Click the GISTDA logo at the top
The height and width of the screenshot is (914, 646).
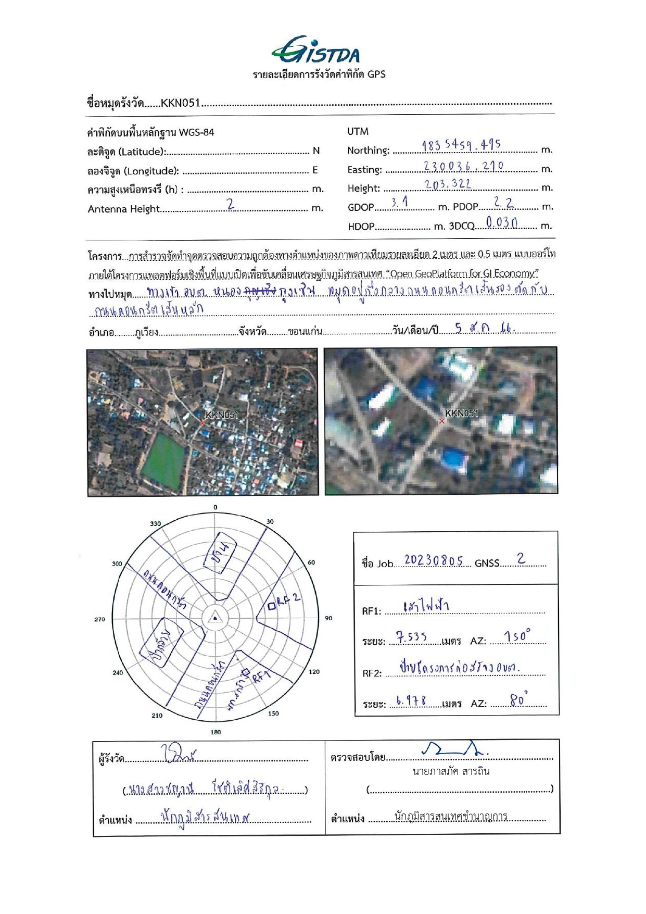point(315,50)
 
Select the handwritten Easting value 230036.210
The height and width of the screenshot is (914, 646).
point(463,166)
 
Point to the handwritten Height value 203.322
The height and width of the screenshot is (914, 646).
point(448,184)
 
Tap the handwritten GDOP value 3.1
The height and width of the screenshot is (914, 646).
point(399,203)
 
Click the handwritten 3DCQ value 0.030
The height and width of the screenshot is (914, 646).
point(501,222)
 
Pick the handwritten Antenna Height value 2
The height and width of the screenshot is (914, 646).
point(231,205)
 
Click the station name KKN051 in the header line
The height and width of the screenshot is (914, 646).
point(180,103)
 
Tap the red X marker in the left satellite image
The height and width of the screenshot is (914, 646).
point(203,423)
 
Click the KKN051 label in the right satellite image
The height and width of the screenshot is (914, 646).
point(461,413)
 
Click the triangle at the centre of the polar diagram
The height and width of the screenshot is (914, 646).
point(215,618)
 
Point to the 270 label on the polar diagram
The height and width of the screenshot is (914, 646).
point(100,619)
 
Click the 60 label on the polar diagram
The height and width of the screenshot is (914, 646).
point(311,562)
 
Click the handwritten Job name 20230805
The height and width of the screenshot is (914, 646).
point(433,560)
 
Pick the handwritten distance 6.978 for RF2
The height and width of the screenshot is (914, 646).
point(411,701)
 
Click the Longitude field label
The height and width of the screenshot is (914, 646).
point(133,171)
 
